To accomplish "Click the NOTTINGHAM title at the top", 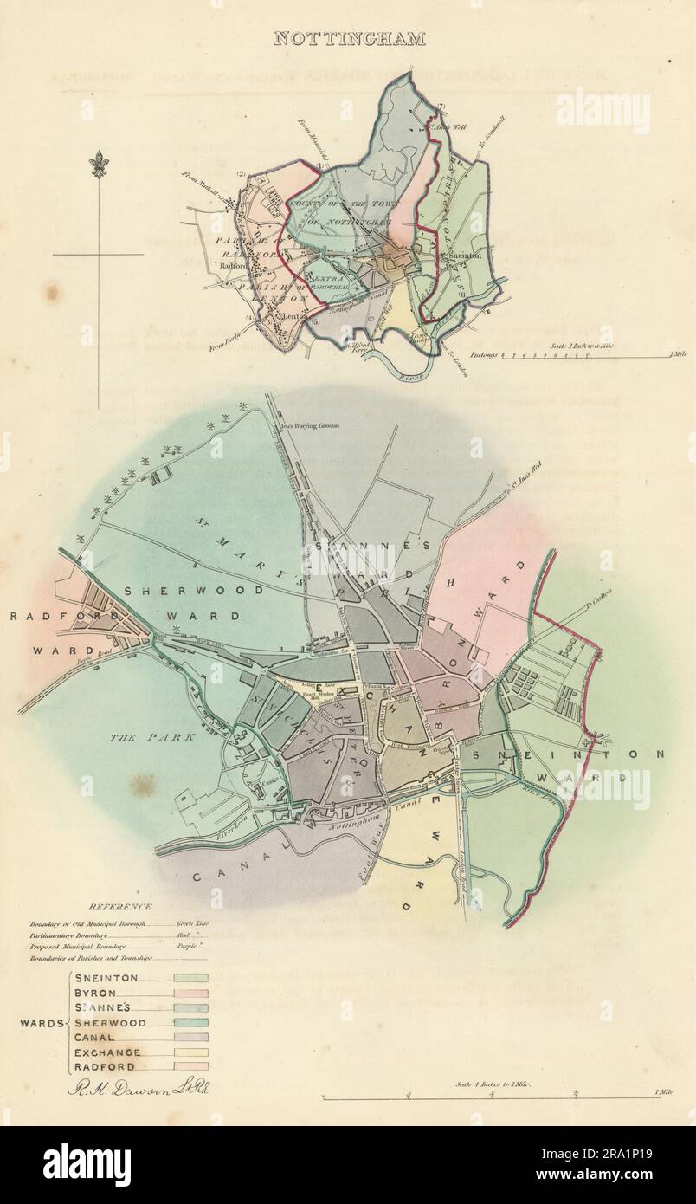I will click(x=349, y=38).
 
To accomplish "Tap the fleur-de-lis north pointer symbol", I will click(x=99, y=164).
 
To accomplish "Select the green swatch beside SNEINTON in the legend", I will click(x=190, y=978).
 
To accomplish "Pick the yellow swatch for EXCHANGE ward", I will click(x=190, y=1052).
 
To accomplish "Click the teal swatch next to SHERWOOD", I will click(x=190, y=1022).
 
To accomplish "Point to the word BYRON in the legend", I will click(x=95, y=993).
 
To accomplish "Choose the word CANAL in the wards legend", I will click(x=94, y=1037).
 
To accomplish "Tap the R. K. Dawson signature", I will click(x=138, y=1089).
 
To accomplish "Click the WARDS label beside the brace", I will click(x=41, y=1023).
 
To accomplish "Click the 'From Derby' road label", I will click(x=223, y=346).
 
